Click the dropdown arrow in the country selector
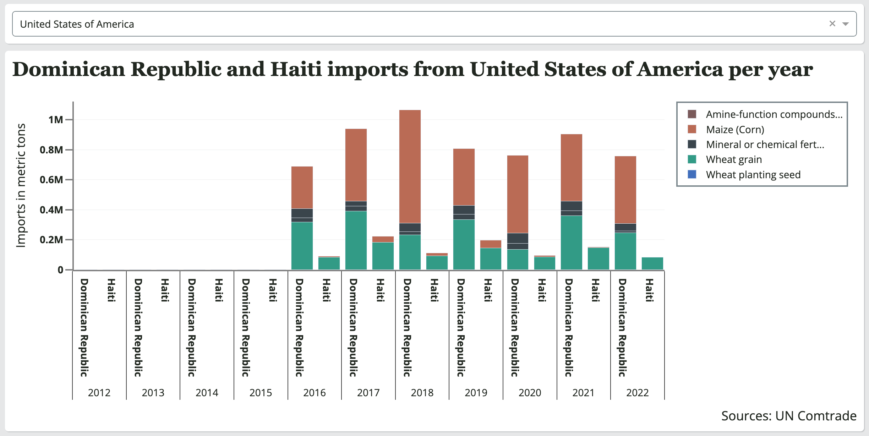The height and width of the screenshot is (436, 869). click(x=846, y=24)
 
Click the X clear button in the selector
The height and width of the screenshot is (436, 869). click(x=832, y=24)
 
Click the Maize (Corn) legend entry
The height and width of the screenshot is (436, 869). click(x=735, y=130)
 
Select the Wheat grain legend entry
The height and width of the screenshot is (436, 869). click(x=734, y=159)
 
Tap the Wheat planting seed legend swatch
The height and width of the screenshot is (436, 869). click(x=692, y=174)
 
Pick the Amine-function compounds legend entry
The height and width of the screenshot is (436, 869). click(x=774, y=114)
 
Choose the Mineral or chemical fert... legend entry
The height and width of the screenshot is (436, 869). click(x=765, y=145)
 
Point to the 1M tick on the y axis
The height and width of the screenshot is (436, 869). click(x=56, y=120)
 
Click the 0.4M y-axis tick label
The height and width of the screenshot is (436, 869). click(x=51, y=210)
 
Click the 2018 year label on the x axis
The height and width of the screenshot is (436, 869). click(x=422, y=393)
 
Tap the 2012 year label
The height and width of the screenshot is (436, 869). click(x=99, y=393)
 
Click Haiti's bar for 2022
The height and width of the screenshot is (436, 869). click(x=652, y=263)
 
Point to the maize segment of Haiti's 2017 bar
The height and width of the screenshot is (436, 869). click(x=383, y=239)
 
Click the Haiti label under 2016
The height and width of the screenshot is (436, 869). click(x=326, y=290)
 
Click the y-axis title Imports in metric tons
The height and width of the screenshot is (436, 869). click(x=21, y=185)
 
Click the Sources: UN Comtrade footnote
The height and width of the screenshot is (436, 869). click(x=788, y=416)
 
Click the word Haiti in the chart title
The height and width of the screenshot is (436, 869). click(x=296, y=69)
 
